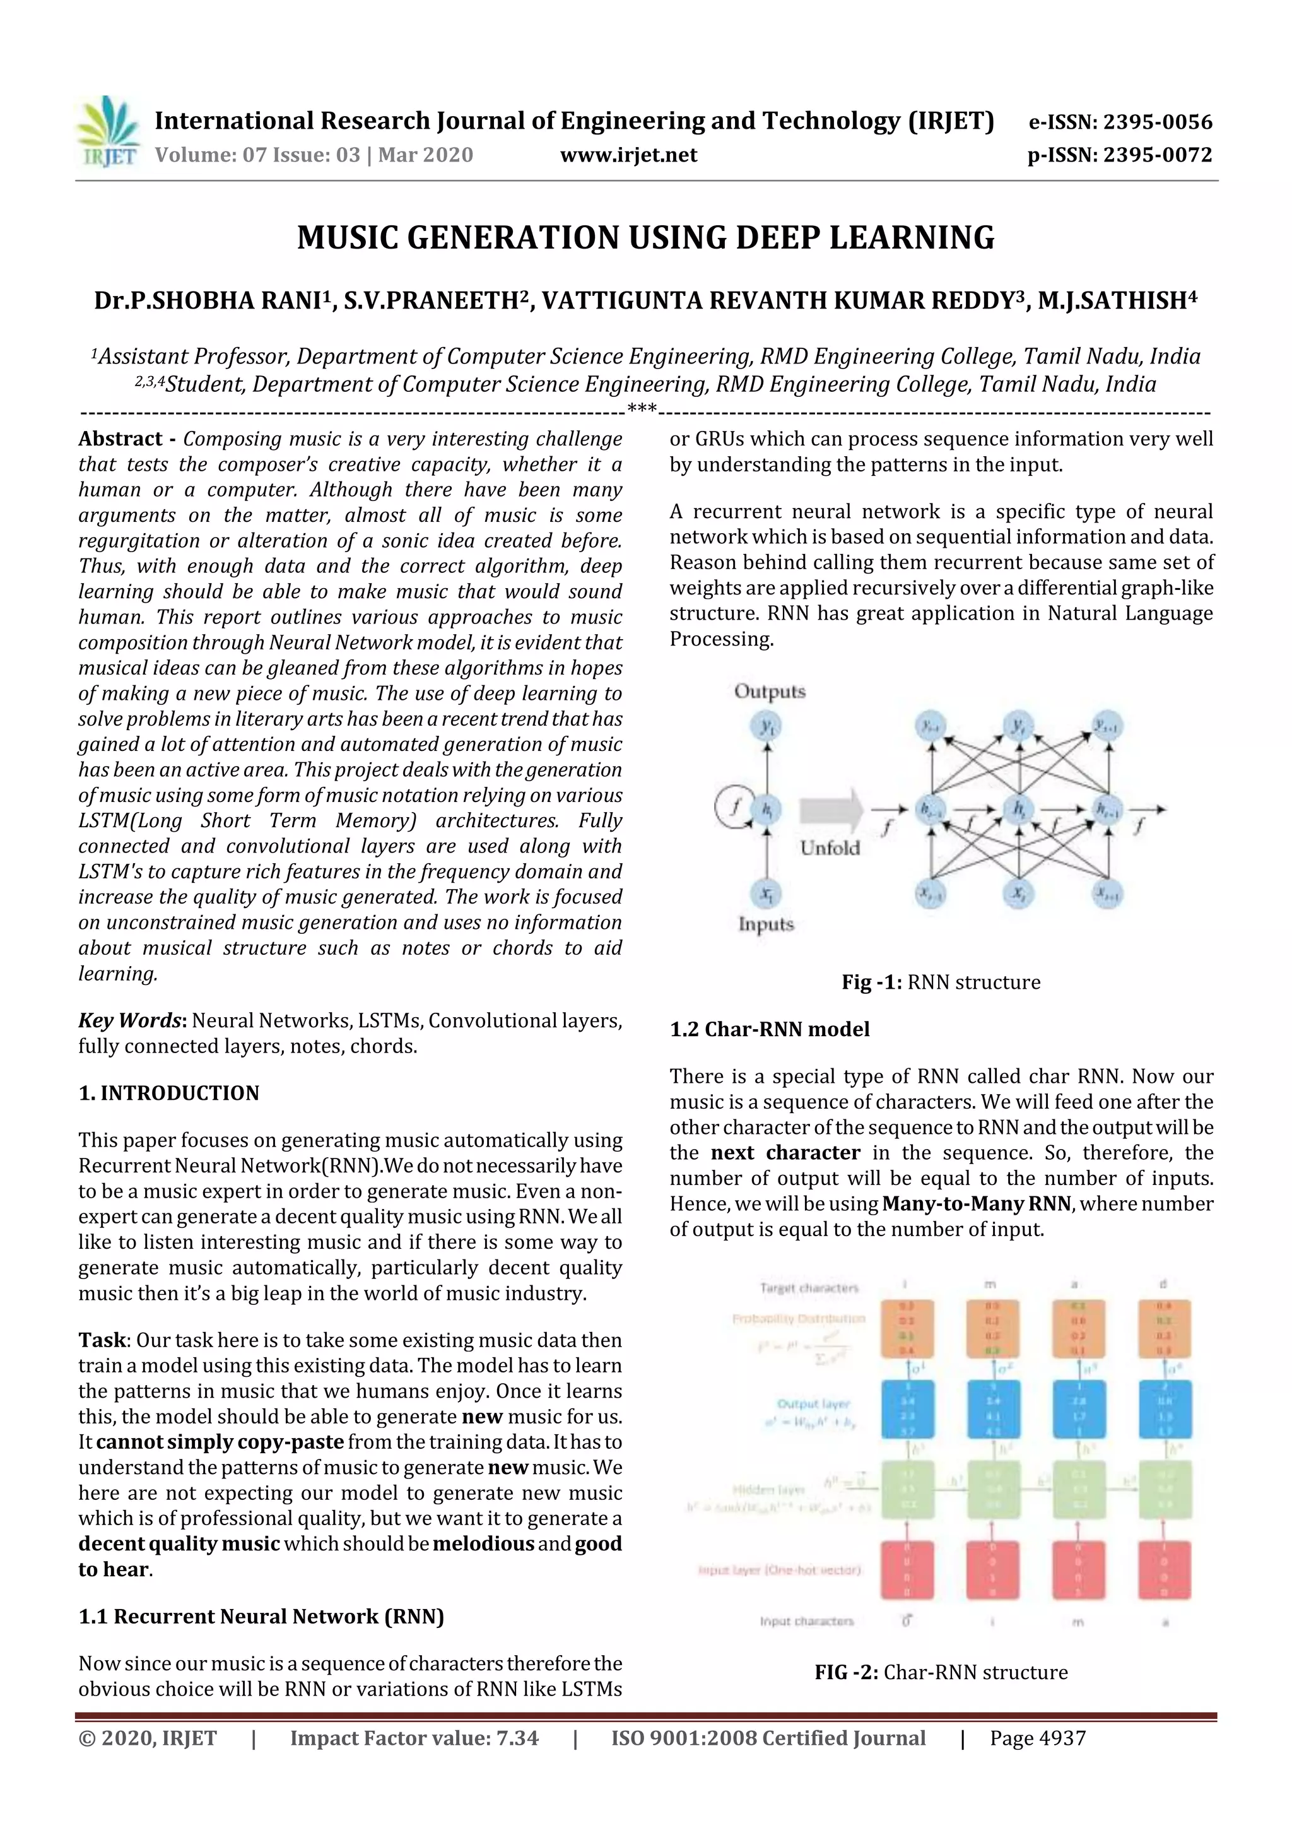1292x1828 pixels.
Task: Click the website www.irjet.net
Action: pyautogui.click(x=628, y=155)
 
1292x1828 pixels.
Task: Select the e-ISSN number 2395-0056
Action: pyautogui.click(x=1156, y=122)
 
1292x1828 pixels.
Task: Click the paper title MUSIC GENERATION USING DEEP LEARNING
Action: pyautogui.click(x=645, y=238)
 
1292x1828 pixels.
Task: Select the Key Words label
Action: pyautogui.click(x=131, y=1021)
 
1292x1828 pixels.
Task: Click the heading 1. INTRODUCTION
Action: pyautogui.click(x=169, y=1093)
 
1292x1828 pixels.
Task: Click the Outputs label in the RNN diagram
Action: pyautogui.click(x=769, y=691)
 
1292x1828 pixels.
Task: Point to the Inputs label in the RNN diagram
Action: pyautogui.click(x=766, y=924)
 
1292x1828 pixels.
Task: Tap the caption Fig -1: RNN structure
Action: pyautogui.click(x=940, y=982)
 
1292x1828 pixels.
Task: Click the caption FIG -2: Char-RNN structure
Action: pyautogui.click(x=940, y=1672)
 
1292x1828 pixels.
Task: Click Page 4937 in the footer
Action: pyautogui.click(x=1037, y=1738)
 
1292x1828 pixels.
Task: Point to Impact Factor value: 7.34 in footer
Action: pyautogui.click(x=414, y=1738)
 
